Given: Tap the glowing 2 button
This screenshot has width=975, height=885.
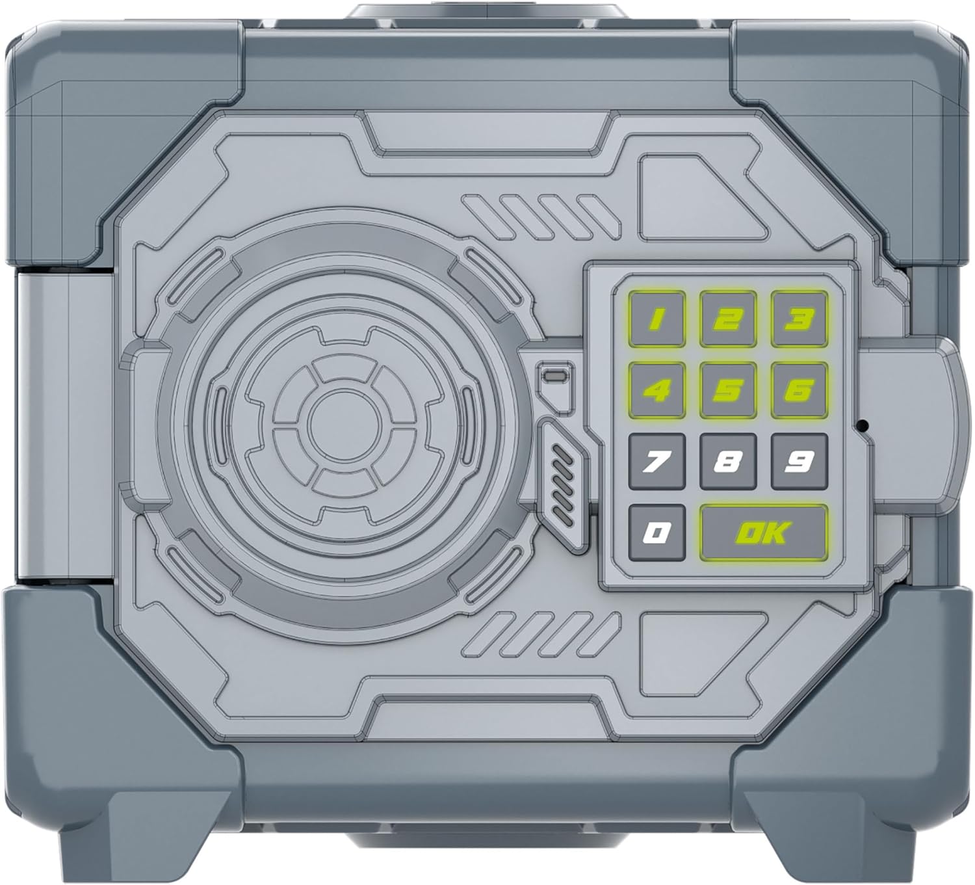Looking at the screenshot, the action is pos(728,319).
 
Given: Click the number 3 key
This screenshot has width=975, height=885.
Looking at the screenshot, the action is pos(799,319).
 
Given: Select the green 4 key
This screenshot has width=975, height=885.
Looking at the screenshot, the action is pos(657,390).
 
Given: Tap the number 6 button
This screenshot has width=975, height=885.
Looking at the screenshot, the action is pos(799,390).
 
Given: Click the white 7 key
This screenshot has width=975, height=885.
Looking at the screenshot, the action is pos(657,462).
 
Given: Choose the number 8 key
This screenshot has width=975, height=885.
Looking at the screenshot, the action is pos(728,462).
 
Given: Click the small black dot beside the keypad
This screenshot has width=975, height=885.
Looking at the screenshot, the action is pos(863,427).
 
